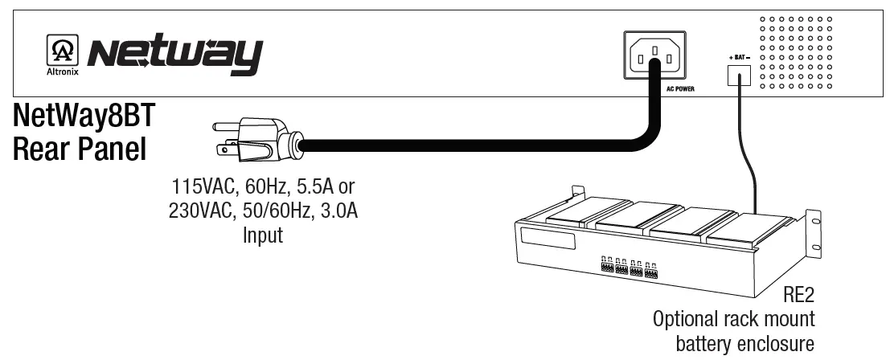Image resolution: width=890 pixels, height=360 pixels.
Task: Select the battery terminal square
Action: click(x=738, y=76)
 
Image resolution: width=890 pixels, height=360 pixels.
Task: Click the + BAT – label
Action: click(x=738, y=59)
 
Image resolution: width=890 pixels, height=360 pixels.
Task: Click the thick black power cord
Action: click(x=482, y=145)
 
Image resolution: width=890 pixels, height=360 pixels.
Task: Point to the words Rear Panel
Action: click(x=79, y=150)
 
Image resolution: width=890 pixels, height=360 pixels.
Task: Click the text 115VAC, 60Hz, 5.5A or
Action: click(x=263, y=188)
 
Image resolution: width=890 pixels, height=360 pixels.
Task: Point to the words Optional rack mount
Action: click(x=733, y=319)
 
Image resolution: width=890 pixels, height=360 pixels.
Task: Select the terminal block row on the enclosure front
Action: click(x=628, y=267)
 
